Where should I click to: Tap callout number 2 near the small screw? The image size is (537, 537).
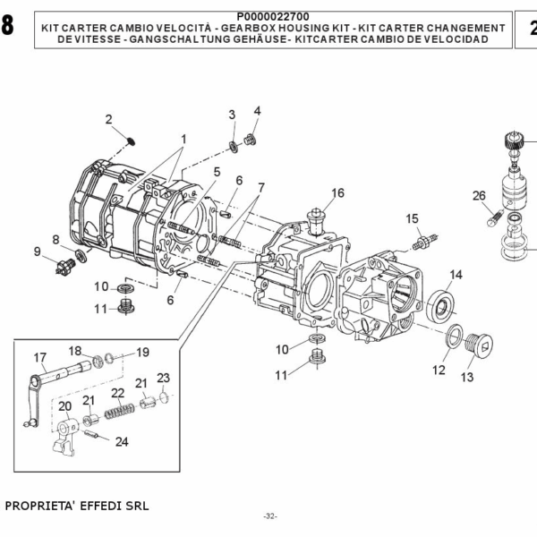109,119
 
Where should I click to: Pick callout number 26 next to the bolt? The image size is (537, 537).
479,196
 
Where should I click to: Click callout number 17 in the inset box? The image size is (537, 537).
40,358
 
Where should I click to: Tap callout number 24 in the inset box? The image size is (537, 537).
122,441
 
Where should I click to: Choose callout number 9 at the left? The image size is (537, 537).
38,251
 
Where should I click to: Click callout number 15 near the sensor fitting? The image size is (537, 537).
412,218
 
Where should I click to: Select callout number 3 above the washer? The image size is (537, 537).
231,114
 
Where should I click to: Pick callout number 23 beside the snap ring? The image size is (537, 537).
163,378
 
